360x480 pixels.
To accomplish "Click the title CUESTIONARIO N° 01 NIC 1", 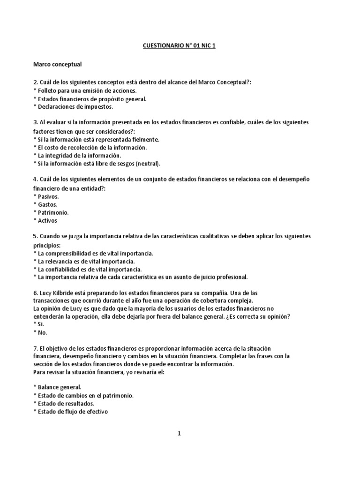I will pos(180,47).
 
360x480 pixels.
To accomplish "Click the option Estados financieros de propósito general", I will pos(92,98).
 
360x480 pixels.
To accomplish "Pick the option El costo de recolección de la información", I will pos(92,147).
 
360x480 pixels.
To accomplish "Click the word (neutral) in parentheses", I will pos(146,163).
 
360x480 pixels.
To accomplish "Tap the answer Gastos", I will pos(47,204).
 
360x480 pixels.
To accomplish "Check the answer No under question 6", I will pos(42,332).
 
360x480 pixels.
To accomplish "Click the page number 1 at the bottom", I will pos(179,434).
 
